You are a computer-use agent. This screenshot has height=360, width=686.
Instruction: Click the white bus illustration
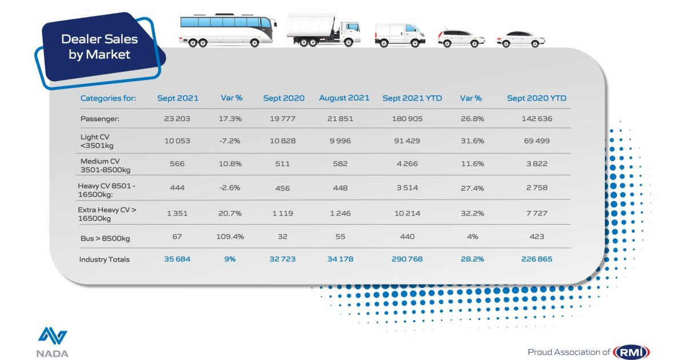click(228, 30)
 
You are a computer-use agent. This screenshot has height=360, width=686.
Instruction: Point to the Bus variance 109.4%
click(232, 237)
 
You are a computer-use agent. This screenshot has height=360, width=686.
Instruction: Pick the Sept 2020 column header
click(284, 98)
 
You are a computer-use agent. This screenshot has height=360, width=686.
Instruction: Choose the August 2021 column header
click(344, 98)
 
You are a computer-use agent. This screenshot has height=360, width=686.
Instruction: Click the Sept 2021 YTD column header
click(412, 98)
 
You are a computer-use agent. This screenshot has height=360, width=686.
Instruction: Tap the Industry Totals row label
click(105, 259)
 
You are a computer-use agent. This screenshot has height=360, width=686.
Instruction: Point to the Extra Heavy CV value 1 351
click(178, 214)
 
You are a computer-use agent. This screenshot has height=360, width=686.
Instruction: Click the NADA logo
click(53, 342)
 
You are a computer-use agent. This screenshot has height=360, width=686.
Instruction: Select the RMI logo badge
click(631, 352)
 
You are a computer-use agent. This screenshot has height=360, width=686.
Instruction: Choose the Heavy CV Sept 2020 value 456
click(284, 189)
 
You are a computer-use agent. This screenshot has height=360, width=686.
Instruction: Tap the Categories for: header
click(108, 98)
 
